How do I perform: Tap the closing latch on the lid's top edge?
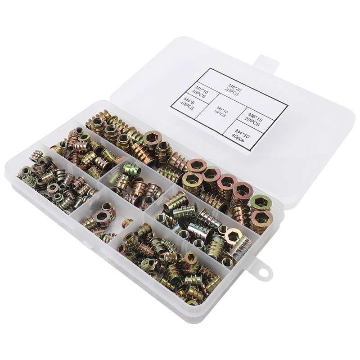pos(265,63)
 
